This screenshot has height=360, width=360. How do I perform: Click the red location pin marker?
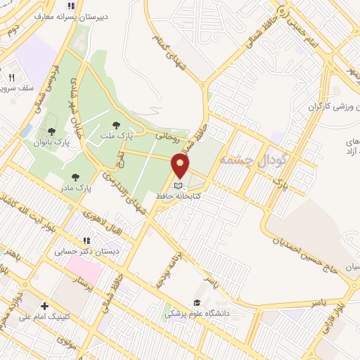(181, 165)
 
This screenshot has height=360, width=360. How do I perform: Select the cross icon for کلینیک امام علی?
(45, 306)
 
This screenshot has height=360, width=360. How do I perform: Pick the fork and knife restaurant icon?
(12, 77)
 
